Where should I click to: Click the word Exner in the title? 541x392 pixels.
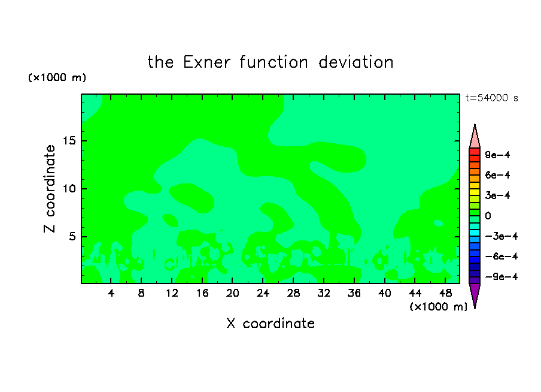point(206,62)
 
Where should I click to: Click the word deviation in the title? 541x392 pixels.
point(355,62)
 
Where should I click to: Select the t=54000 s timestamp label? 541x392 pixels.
point(492,98)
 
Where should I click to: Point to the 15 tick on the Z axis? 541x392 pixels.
point(69,141)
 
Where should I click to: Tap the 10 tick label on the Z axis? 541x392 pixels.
point(69,189)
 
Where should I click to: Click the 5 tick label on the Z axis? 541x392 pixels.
point(72,236)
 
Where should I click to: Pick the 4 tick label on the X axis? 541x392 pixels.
point(111,293)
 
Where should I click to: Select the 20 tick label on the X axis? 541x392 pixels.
point(232,293)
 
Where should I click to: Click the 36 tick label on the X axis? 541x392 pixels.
point(354,293)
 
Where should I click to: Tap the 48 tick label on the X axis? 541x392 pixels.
point(445,293)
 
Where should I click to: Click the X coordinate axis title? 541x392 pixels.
point(270,324)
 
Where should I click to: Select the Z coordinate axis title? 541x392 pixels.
point(50,189)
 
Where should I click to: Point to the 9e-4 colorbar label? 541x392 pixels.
point(497,155)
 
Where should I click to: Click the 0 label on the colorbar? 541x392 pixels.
point(488,216)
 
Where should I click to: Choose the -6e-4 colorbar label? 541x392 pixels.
point(502,257)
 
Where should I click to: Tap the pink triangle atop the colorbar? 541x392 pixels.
point(475,136)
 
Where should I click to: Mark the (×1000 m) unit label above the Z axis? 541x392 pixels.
point(57,77)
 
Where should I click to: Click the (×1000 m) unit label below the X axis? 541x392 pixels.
point(438,307)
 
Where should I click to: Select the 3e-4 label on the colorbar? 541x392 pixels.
point(497,195)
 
